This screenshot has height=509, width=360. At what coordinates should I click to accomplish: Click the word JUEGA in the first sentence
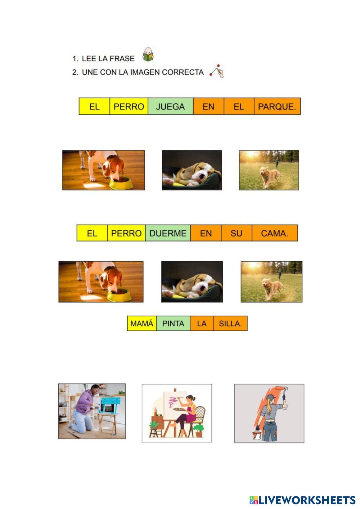(170, 107)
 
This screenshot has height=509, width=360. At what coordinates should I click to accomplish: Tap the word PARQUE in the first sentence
(277, 107)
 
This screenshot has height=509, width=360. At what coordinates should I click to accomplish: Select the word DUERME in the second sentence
(168, 233)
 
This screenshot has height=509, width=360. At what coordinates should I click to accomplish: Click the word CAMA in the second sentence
(274, 233)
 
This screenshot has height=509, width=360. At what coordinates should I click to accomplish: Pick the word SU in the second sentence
(236, 233)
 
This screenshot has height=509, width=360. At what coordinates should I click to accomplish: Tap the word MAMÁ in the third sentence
(142, 323)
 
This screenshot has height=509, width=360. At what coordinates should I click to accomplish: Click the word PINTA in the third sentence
(173, 323)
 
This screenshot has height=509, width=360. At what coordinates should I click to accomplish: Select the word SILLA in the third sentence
(230, 323)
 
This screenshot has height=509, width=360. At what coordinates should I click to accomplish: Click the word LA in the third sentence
(202, 323)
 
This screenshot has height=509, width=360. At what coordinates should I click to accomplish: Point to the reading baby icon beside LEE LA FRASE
(148, 54)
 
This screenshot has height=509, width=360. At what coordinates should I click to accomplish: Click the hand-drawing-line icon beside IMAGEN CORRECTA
(217, 71)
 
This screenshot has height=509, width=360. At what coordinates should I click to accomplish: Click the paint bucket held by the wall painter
(257, 434)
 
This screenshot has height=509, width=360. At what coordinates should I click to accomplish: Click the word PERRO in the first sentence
(129, 107)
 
